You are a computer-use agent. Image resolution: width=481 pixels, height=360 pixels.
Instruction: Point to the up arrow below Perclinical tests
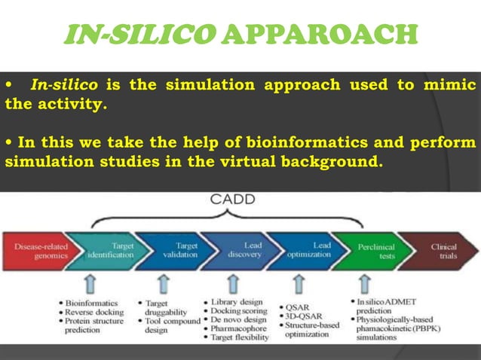[364, 283]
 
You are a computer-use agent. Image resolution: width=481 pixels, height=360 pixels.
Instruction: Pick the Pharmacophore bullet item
[238, 328]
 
